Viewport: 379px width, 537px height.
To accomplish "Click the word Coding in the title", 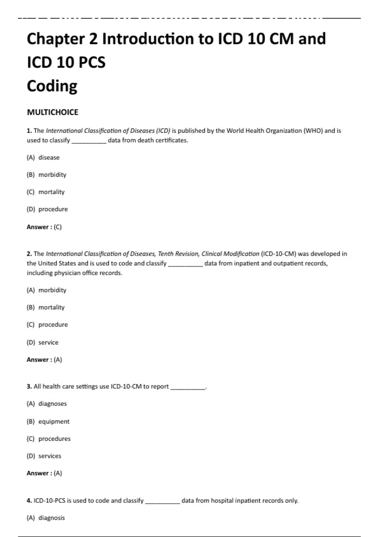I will [x=52, y=86].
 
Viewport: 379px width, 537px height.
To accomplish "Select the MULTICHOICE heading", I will [x=52, y=112].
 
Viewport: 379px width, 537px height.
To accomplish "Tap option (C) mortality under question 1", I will [x=46, y=192].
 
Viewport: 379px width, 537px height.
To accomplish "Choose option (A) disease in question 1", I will [x=43, y=158].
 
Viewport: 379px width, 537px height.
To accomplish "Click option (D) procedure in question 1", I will [x=47, y=209].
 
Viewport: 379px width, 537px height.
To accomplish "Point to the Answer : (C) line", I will [x=44, y=227].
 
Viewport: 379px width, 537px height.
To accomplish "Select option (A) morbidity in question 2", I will [x=47, y=290].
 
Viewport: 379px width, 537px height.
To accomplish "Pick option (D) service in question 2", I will [x=43, y=342].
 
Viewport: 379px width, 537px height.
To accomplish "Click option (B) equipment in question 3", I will [x=48, y=422].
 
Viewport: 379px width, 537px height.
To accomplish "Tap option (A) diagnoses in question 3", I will [x=47, y=404].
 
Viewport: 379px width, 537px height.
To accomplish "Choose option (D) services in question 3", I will [x=44, y=456].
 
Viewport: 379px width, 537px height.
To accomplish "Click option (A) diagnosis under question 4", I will [x=46, y=518].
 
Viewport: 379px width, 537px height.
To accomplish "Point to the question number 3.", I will [x=29, y=387].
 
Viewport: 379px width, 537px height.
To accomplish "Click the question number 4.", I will [x=29, y=501].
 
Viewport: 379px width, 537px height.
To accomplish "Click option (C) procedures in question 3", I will [x=49, y=439].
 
